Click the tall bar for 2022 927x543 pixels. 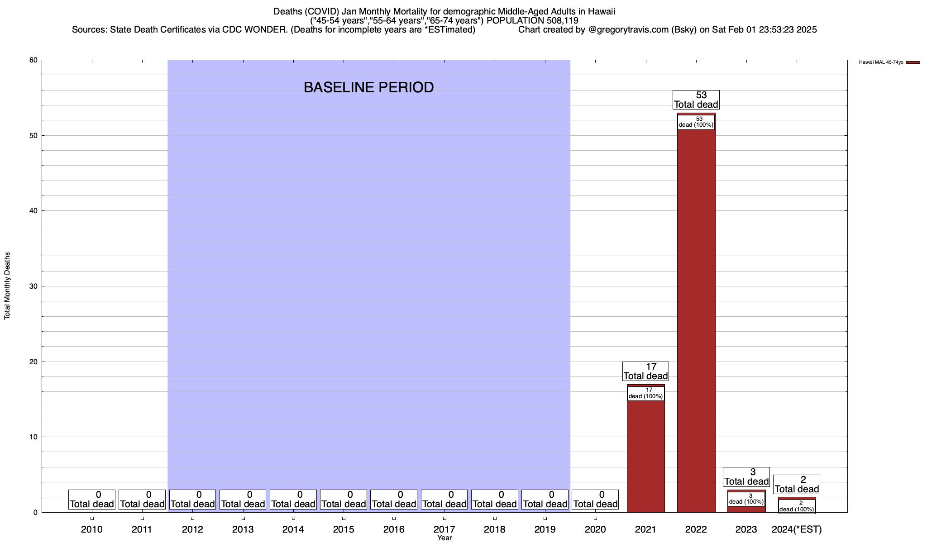coord(696,317)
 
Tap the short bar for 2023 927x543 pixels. coord(746,509)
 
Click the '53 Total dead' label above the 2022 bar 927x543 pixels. coord(696,100)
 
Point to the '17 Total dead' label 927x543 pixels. coord(645,372)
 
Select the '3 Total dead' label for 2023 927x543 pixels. coord(746,476)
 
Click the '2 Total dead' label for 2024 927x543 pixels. coord(797,484)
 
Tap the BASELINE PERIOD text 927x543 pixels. coord(368,87)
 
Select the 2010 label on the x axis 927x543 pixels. coord(92,529)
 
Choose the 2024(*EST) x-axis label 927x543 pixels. coord(797,529)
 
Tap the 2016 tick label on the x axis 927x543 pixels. coord(394,529)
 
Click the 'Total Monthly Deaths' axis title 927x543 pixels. coord(7,286)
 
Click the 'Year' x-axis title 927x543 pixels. coord(444,538)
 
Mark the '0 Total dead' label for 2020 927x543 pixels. coord(595,500)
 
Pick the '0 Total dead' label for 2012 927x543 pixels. coord(192,500)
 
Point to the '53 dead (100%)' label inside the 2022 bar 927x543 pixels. coord(696,122)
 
